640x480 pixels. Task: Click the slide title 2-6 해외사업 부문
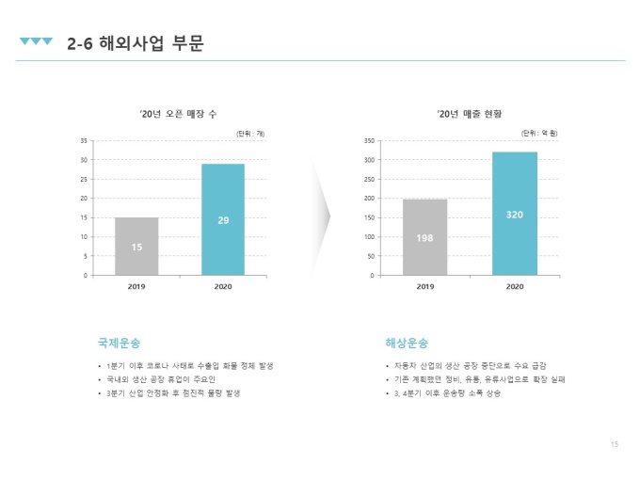pyautogui.click(x=136, y=43)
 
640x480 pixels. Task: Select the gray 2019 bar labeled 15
pyautogui.click(x=136, y=247)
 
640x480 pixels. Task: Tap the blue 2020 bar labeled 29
pyautogui.click(x=223, y=219)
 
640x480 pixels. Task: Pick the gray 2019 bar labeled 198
pyautogui.click(x=424, y=237)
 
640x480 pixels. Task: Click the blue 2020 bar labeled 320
pyautogui.click(x=515, y=214)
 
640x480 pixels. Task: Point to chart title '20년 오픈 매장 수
pyautogui.click(x=178, y=114)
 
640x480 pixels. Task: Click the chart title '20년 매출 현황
pyautogui.click(x=469, y=114)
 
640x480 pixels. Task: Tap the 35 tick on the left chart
pyautogui.click(x=84, y=141)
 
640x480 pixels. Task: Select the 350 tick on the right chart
pyautogui.click(x=369, y=141)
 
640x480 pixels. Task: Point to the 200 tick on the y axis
pyautogui.click(x=369, y=199)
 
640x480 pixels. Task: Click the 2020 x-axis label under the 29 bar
pyautogui.click(x=223, y=286)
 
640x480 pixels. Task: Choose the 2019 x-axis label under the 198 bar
pyautogui.click(x=425, y=286)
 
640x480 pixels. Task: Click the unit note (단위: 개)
pyautogui.click(x=250, y=134)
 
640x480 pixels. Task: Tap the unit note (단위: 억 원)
pyautogui.click(x=539, y=133)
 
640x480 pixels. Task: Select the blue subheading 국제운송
pyautogui.click(x=120, y=343)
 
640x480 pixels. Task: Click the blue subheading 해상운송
pyautogui.click(x=407, y=343)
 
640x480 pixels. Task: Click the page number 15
pyautogui.click(x=615, y=444)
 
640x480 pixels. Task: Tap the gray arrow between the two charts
pyautogui.click(x=323, y=216)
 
